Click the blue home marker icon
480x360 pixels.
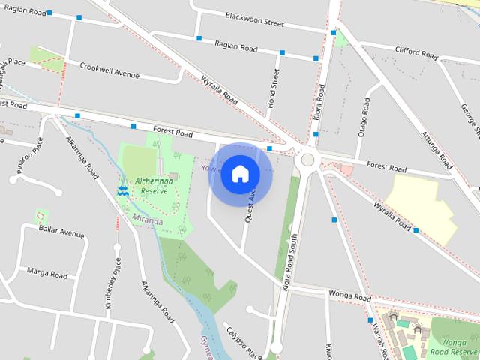pyautogui.click(x=240, y=174)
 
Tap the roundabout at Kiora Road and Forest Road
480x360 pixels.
pyautogui.click(x=307, y=160)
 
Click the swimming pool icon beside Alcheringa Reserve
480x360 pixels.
pyautogui.click(x=123, y=191)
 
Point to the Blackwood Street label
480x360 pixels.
pyautogui.click(x=254, y=19)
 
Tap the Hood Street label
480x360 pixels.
pyautogui.click(x=274, y=88)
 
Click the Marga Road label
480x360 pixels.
pyautogui.click(x=46, y=271)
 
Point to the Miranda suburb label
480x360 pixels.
pyautogui.click(x=147, y=221)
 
